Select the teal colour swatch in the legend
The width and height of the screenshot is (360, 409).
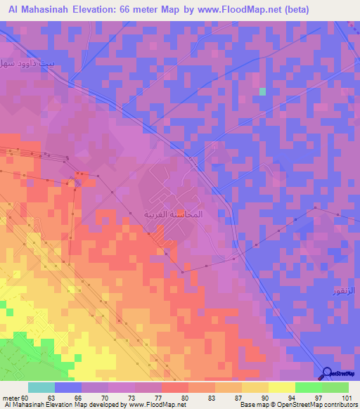(41, 387)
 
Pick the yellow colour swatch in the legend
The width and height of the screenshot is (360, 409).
(281, 387)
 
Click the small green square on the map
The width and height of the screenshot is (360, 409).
(262, 91)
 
